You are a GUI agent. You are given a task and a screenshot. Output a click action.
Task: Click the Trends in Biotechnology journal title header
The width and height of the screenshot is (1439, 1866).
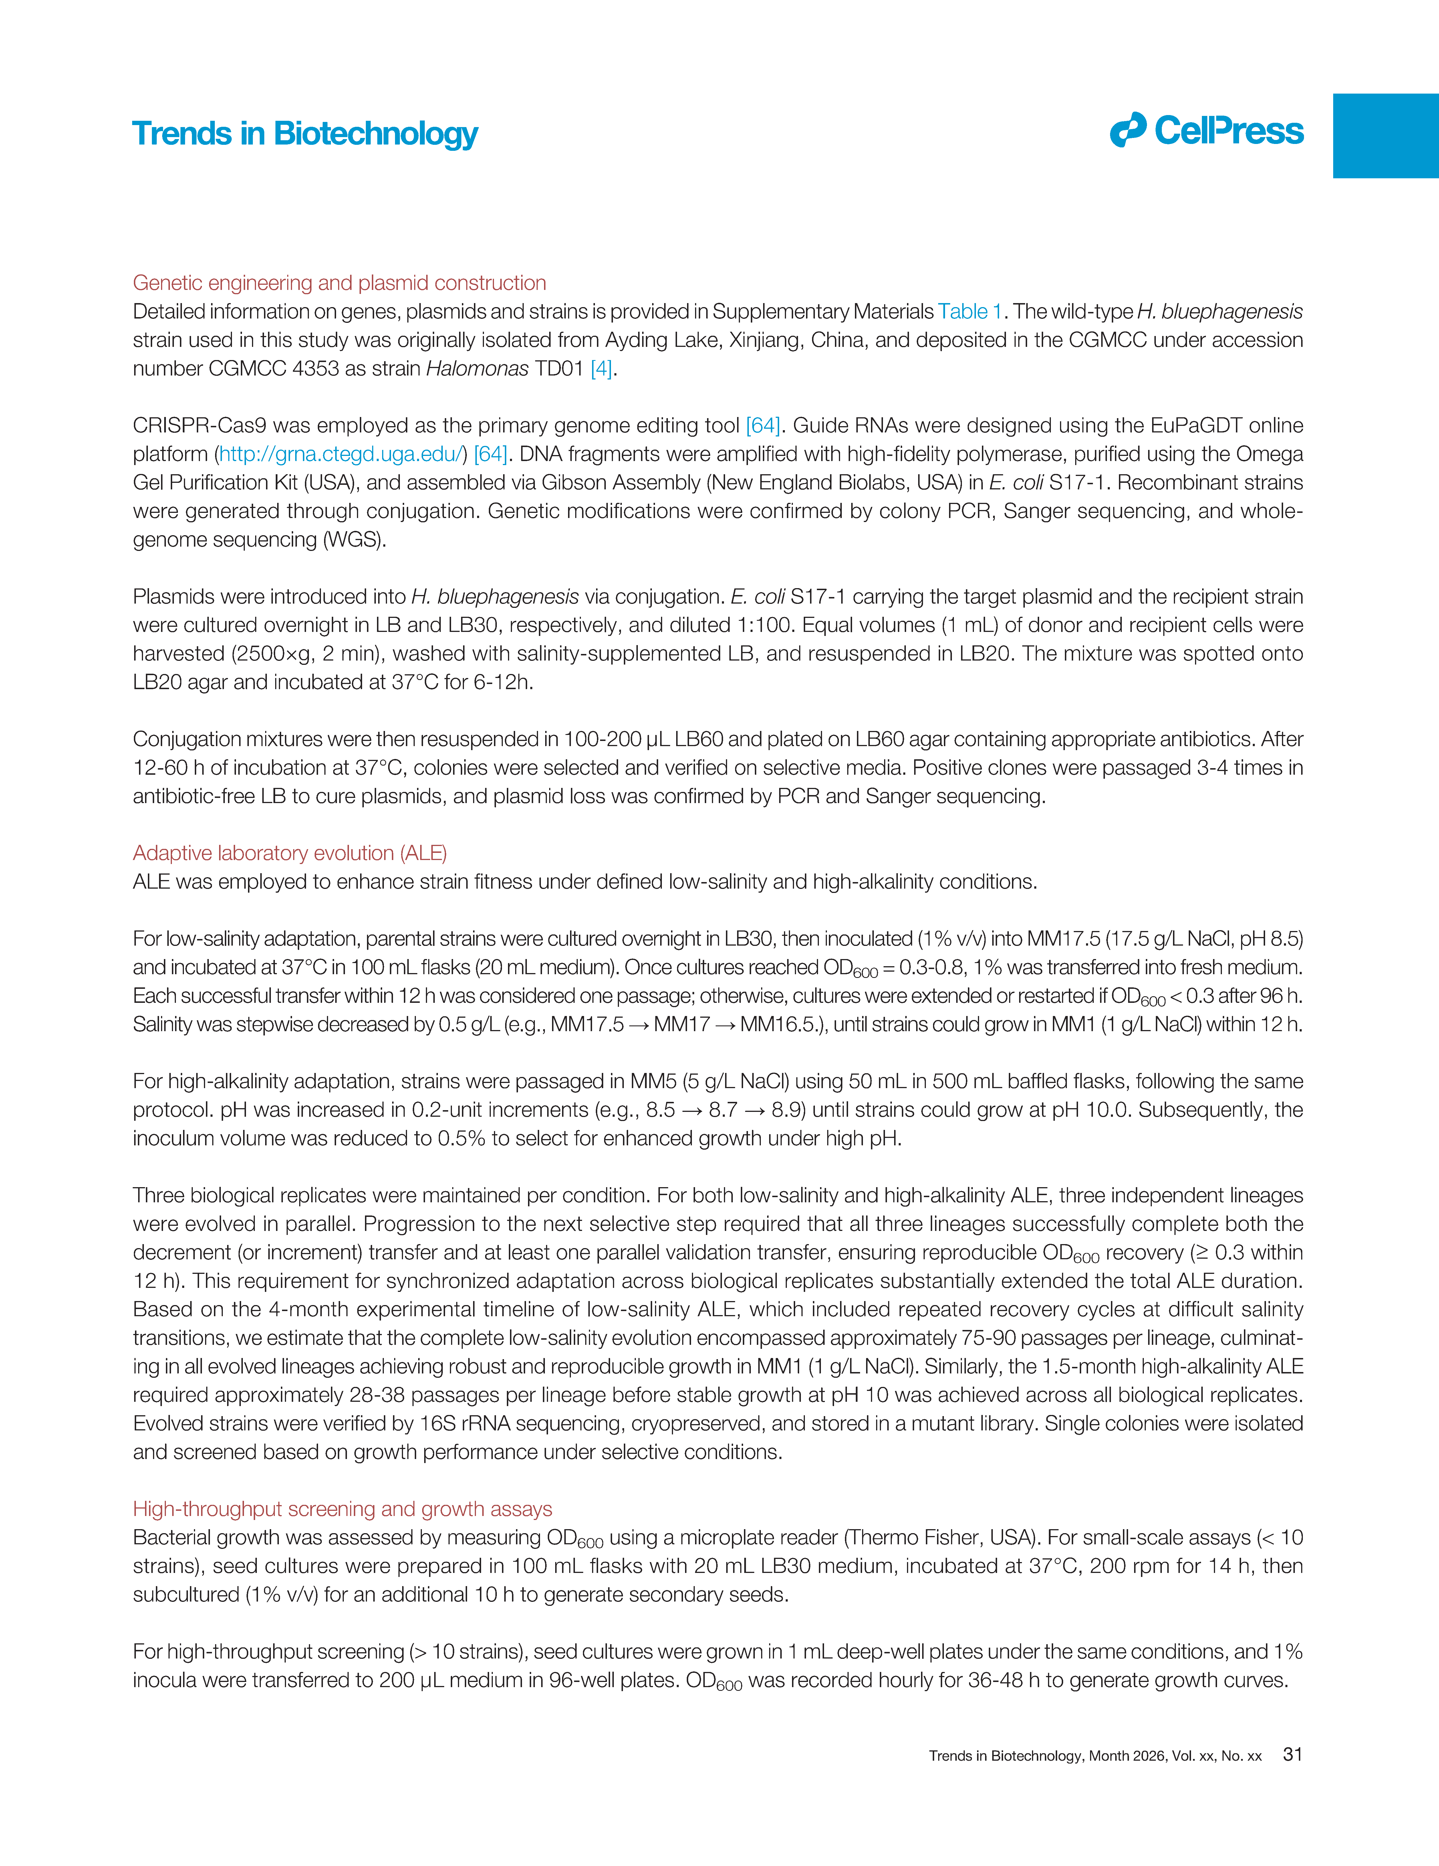(305, 134)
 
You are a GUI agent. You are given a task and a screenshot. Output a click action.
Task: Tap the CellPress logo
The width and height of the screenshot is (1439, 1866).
(1207, 131)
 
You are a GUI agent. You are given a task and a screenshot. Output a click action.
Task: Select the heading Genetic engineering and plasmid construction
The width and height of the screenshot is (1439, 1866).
(339, 283)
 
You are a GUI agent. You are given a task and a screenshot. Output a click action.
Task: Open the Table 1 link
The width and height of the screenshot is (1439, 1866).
(969, 312)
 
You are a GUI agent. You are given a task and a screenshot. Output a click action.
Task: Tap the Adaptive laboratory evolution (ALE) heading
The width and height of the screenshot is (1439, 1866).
(289, 853)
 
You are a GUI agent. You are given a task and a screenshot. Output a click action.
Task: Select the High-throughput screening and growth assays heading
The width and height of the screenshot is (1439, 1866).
(342, 1509)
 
